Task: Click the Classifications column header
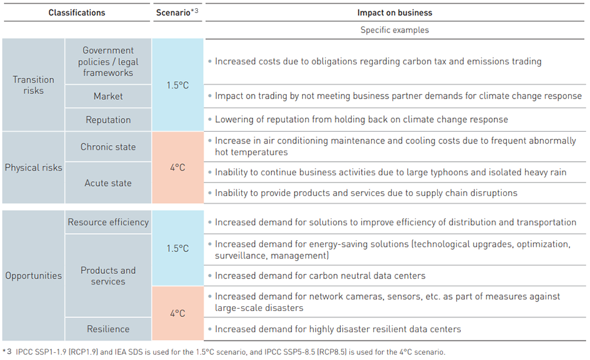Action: [x=77, y=12]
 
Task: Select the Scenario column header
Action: [x=177, y=12]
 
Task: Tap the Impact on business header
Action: [x=395, y=12]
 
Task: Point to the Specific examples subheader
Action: [x=395, y=30]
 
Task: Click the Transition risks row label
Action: [x=34, y=85]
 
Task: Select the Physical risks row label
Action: [x=34, y=168]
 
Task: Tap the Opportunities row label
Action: [x=34, y=276]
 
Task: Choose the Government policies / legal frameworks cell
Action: [x=108, y=61]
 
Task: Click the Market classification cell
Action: [x=108, y=96]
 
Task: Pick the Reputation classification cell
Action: [x=108, y=120]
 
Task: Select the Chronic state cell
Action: [x=108, y=147]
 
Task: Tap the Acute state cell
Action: [x=108, y=183]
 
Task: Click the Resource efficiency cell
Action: [x=108, y=222]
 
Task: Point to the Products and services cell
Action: [x=108, y=276]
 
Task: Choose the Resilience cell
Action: [x=108, y=329]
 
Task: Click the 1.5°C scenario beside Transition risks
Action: [x=178, y=85]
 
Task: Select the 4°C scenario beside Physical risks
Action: [x=178, y=167]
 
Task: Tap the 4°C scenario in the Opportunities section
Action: [x=178, y=313]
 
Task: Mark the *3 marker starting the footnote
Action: [x=7, y=352]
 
